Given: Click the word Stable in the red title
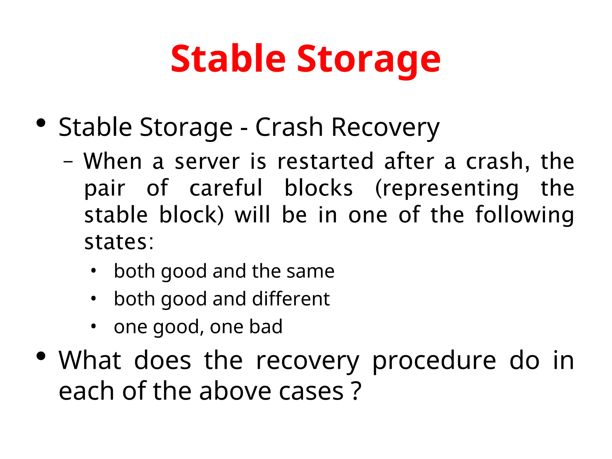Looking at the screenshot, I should (x=228, y=59).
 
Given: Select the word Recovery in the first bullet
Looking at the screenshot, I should (x=385, y=128).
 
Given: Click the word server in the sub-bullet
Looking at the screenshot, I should (x=207, y=162).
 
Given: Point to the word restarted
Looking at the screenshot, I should (x=325, y=162).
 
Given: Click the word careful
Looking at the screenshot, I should (x=226, y=188).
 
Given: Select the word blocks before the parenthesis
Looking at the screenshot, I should (x=319, y=188).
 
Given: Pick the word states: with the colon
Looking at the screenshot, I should (x=119, y=242).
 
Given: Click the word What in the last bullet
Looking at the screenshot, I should (x=90, y=360).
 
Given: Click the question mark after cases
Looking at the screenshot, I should (x=356, y=390).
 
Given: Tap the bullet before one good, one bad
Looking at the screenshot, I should (x=94, y=326).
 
